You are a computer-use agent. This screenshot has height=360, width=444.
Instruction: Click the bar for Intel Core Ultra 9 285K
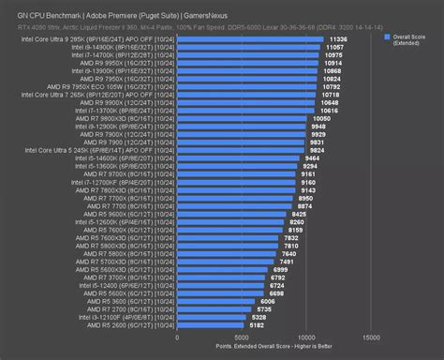253,39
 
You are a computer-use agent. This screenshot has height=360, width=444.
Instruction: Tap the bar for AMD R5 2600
215,326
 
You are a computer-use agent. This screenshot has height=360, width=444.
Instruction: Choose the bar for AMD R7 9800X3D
244,118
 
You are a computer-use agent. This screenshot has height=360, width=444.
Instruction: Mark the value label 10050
321,118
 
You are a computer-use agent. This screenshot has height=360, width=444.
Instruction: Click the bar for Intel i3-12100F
215,318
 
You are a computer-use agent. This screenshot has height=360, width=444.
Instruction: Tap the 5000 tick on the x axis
243,337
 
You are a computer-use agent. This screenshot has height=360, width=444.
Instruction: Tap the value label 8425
300,214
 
